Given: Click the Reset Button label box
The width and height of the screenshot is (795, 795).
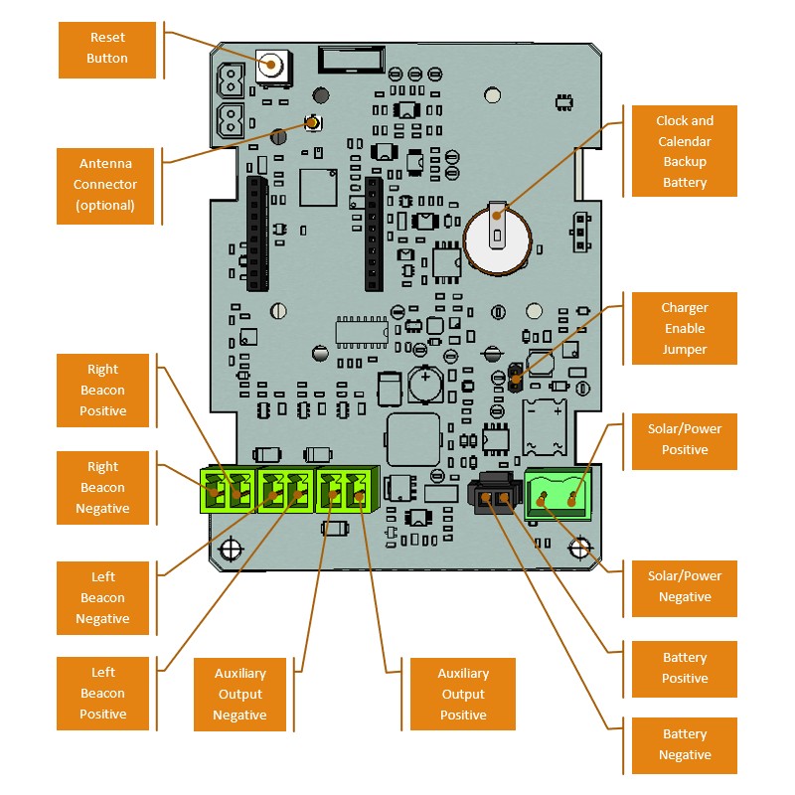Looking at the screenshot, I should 107,49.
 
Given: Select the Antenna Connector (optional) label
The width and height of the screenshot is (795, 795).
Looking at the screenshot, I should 105,184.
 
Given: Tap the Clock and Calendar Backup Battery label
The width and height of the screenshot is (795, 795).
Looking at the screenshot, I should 684,151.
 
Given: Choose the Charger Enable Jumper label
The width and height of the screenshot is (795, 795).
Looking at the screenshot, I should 684,329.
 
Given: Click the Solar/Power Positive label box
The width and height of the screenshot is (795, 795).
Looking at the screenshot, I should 684,439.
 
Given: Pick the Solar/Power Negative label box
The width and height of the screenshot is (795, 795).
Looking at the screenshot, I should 684,586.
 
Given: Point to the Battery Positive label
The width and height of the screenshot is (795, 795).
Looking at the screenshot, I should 684,668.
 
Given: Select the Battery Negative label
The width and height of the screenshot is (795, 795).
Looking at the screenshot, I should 684,744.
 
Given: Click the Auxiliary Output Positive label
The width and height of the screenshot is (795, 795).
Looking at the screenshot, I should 463,694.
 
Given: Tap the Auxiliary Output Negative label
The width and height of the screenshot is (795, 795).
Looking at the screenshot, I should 239,694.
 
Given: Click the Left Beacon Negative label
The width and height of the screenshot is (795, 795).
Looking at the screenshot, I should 102,597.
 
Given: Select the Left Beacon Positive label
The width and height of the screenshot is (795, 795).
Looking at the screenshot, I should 102,693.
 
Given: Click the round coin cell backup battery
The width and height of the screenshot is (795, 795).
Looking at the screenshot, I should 497,238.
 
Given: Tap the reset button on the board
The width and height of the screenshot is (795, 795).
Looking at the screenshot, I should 271,67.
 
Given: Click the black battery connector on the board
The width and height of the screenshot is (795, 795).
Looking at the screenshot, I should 493,496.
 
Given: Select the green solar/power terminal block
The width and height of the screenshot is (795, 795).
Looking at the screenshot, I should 556,492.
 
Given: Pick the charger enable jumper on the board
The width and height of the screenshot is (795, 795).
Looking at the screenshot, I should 515,377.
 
